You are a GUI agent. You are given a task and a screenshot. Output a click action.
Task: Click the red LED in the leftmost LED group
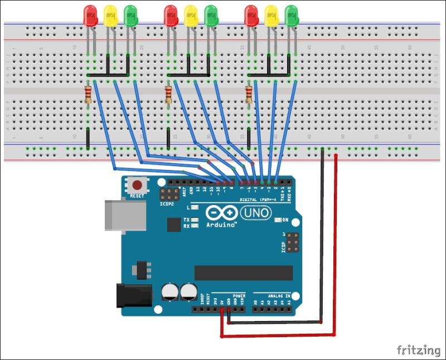(89, 16)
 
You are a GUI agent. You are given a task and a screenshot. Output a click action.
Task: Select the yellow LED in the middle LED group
(191, 16)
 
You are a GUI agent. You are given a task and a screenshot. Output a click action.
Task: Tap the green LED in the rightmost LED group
(291, 16)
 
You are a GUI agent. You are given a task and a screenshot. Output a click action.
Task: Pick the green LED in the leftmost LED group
(130, 16)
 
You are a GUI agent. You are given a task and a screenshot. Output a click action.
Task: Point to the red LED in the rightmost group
(251, 16)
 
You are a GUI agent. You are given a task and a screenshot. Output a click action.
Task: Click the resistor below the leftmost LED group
(88, 94)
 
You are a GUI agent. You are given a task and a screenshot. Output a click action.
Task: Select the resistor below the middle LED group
(168, 94)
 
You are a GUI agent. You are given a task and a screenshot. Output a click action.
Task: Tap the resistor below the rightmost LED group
(249, 94)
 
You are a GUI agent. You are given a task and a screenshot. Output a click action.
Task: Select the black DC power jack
(134, 295)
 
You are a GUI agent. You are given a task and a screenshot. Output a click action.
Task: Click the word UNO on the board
(256, 212)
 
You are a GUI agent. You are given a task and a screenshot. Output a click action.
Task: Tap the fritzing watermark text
(418, 350)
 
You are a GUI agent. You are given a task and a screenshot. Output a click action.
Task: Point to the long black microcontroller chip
(243, 273)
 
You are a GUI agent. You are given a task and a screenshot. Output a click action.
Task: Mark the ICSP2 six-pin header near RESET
(167, 194)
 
